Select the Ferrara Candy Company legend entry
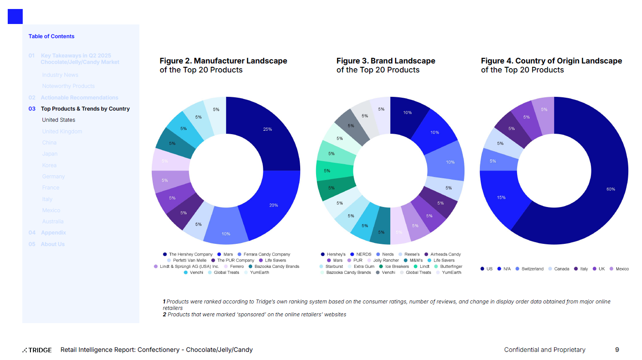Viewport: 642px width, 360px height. pyautogui.click(x=266, y=254)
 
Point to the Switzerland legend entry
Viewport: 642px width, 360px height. pyautogui.click(x=532, y=269)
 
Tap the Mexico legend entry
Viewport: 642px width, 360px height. pyautogui.click(x=622, y=269)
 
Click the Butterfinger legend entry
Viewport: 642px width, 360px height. pyautogui.click(x=451, y=266)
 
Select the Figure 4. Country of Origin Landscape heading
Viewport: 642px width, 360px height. pyautogui.click(x=551, y=65)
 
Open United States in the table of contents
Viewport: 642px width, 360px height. pyautogui.click(x=59, y=120)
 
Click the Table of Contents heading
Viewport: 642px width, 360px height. pyautogui.click(x=51, y=36)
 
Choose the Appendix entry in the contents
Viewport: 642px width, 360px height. pyautogui.click(x=53, y=233)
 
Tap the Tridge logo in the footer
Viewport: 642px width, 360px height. pyautogui.click(x=37, y=350)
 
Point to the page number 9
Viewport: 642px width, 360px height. pyautogui.click(x=617, y=350)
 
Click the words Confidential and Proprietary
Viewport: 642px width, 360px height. pyautogui.click(x=545, y=350)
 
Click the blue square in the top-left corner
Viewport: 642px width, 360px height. pyautogui.click(x=15, y=17)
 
